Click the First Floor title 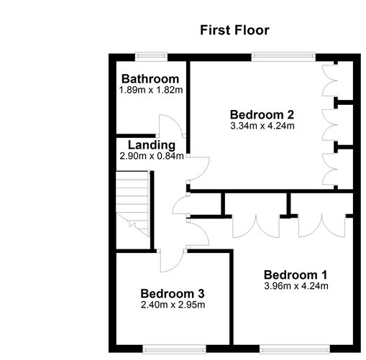[x=234, y=30]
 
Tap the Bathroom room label [x=150, y=79]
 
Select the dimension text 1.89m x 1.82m [x=151, y=90]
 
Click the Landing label [x=152, y=145]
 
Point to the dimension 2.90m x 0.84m [x=152, y=156]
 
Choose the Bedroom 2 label [x=262, y=115]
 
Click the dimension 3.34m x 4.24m [x=262, y=126]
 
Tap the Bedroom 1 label [x=296, y=275]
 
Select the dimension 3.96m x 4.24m [x=296, y=286]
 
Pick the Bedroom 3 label [x=173, y=294]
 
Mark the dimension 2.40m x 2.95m [x=173, y=305]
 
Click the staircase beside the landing [x=132, y=203]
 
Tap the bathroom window [x=151, y=57]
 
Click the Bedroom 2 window [x=283, y=57]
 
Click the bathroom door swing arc [x=178, y=122]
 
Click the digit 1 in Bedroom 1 [x=324, y=275]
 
